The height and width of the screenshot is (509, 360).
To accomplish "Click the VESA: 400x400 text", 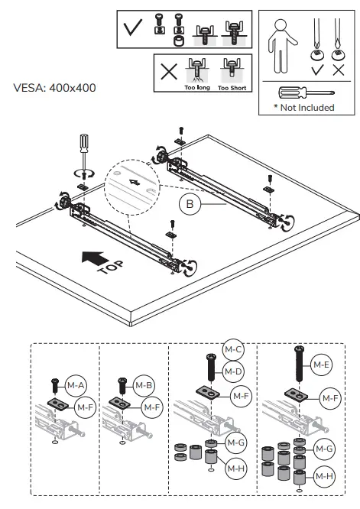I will coord(54,87).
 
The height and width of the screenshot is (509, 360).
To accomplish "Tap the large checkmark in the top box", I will coord(132,29).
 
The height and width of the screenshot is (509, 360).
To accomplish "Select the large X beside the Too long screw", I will coord(170,74).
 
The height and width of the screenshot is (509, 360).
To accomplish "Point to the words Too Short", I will coord(232,88).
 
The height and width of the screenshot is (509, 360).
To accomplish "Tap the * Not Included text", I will coord(304,108).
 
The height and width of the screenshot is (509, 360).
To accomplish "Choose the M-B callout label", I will coord(144,384).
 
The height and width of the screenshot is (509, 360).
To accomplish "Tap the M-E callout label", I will coord(319,366).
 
